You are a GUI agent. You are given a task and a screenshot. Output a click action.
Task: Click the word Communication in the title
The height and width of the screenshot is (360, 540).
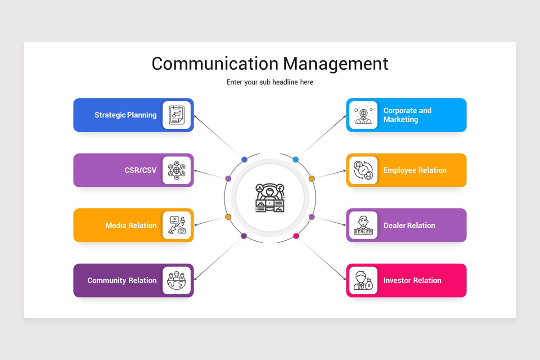tap(215, 63)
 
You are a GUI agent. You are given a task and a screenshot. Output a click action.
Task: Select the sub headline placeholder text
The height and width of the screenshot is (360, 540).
tap(270, 82)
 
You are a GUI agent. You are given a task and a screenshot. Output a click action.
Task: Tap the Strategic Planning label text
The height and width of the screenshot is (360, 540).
tap(126, 115)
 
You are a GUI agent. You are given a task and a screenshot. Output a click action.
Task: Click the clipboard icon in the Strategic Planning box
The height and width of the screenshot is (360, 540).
tap(177, 115)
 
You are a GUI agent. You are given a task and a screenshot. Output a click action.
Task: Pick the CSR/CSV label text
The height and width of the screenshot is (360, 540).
tap(140, 170)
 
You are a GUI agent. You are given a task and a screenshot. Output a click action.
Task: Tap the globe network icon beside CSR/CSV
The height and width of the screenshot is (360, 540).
tap(177, 170)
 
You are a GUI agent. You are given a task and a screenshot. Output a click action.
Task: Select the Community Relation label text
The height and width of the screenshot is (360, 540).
tap(122, 280)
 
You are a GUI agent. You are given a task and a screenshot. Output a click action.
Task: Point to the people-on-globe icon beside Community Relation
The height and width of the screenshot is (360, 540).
tap(177, 280)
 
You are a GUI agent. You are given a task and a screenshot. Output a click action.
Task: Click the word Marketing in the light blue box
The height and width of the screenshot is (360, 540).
tap(400, 120)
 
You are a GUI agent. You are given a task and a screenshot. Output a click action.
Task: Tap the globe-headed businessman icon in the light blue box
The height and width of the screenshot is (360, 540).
tap(363, 115)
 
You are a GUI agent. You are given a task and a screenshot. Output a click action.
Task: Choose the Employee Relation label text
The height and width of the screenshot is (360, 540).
tap(415, 170)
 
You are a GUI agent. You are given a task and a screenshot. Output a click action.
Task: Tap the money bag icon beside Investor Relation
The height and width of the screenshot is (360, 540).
tap(369, 284)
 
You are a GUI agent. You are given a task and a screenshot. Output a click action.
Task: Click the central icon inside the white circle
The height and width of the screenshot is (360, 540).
tap(270, 198)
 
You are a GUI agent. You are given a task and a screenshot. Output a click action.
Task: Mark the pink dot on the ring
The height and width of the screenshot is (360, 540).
tap(296, 236)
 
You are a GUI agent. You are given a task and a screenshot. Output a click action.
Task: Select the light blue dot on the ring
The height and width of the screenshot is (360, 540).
tap(296, 159)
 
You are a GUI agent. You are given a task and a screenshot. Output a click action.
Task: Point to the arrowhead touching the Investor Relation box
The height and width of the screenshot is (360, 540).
tap(345, 279)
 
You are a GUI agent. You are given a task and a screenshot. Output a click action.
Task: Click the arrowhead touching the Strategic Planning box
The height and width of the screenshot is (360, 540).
tap(195, 117)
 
